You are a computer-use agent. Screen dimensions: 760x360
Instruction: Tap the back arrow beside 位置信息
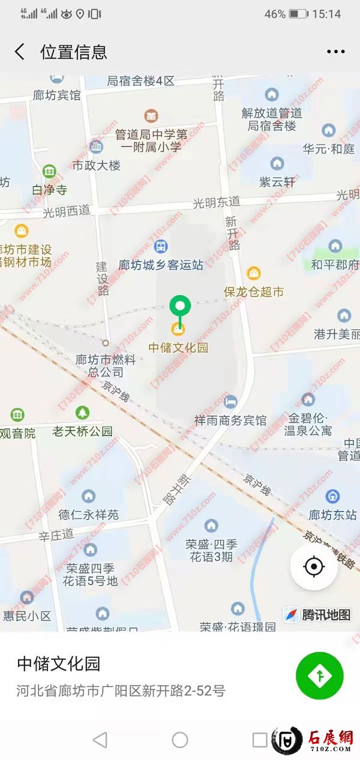(x=20, y=52)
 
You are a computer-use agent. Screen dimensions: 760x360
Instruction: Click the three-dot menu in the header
(x=336, y=52)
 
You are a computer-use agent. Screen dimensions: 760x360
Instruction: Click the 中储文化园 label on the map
(x=178, y=347)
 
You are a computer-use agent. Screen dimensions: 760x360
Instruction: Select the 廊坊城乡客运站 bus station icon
(x=161, y=246)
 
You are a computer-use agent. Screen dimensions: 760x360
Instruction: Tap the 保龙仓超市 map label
(x=254, y=292)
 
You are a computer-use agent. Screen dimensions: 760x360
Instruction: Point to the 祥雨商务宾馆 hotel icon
(x=230, y=401)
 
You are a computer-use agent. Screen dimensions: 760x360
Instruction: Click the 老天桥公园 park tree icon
(x=82, y=413)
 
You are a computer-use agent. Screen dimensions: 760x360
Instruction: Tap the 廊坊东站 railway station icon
(x=332, y=497)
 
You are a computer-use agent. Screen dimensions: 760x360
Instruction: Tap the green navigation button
(x=320, y=675)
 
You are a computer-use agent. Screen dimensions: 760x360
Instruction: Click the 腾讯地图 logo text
(x=326, y=614)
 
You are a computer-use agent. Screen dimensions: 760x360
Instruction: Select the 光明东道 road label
(x=217, y=203)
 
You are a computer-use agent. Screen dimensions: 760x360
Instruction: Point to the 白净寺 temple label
(x=49, y=190)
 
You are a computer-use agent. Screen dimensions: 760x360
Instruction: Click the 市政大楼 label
(x=96, y=165)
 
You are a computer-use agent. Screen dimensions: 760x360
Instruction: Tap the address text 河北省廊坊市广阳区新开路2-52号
(x=121, y=690)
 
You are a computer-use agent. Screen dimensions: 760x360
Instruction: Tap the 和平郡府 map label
(x=335, y=264)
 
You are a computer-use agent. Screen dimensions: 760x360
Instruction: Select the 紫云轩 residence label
(x=277, y=181)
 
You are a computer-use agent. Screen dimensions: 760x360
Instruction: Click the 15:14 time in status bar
(x=326, y=14)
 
